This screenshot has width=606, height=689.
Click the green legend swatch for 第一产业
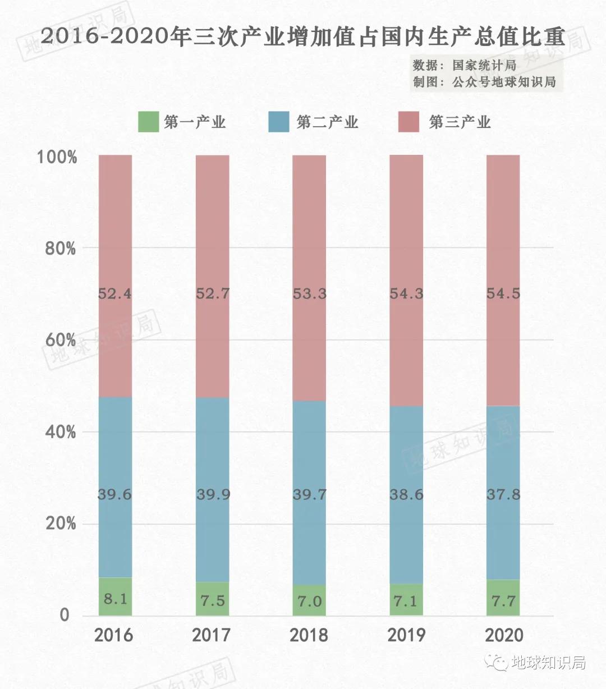(149, 122)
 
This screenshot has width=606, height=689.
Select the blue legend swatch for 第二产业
(279, 122)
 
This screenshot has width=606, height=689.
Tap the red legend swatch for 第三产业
(408, 122)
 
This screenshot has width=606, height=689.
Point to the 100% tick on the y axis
(57, 157)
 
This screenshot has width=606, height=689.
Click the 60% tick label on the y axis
(60, 340)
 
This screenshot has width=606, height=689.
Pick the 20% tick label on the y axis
(60, 523)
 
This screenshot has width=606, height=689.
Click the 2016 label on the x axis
(114, 635)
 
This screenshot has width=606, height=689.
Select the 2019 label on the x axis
(406, 635)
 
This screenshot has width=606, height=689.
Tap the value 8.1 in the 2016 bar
(115, 599)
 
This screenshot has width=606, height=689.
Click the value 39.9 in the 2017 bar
(213, 494)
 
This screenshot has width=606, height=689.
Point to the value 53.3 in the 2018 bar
(309, 293)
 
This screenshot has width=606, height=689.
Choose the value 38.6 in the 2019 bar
(406, 494)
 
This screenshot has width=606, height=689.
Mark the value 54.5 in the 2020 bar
(503, 293)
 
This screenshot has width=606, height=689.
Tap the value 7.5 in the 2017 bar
(213, 600)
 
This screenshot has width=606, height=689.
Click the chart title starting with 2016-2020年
(303, 36)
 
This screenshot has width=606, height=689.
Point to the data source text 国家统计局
(485, 65)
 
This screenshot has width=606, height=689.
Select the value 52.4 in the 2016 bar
(115, 293)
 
